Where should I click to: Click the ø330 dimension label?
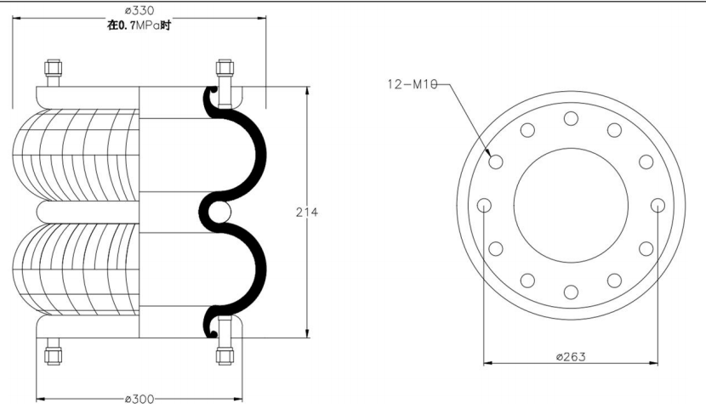click(x=139, y=10)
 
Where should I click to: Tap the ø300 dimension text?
click(x=139, y=399)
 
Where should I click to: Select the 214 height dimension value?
click(x=306, y=212)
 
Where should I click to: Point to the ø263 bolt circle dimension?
click(x=571, y=357)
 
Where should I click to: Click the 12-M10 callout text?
click(x=413, y=84)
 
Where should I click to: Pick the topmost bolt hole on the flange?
click(x=571, y=119)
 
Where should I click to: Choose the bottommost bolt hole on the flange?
click(x=571, y=292)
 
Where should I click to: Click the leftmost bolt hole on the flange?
click(x=484, y=206)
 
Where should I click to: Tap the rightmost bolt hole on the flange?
click(x=658, y=206)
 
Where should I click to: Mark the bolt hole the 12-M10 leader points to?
click(x=496, y=162)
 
